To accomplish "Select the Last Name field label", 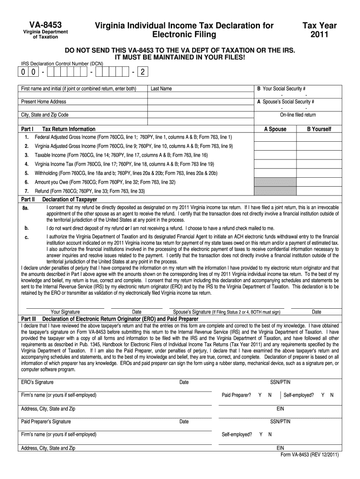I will pos(161,88).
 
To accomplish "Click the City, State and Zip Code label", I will pos(45,115).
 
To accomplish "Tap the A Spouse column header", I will pos(275,129).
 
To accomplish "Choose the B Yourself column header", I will pos(319,129).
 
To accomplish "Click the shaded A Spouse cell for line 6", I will pos(275,182).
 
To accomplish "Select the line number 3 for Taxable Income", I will pos(27,155).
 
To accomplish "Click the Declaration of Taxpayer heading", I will pos(70,200).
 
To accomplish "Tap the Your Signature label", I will pos(65,312).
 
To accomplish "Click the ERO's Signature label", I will pos(37,382).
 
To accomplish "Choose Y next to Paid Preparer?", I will pos(260,395).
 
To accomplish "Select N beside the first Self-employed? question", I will pos(331,395).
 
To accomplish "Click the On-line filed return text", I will pos(298,115).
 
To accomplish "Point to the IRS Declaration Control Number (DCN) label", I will pos(62,63).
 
